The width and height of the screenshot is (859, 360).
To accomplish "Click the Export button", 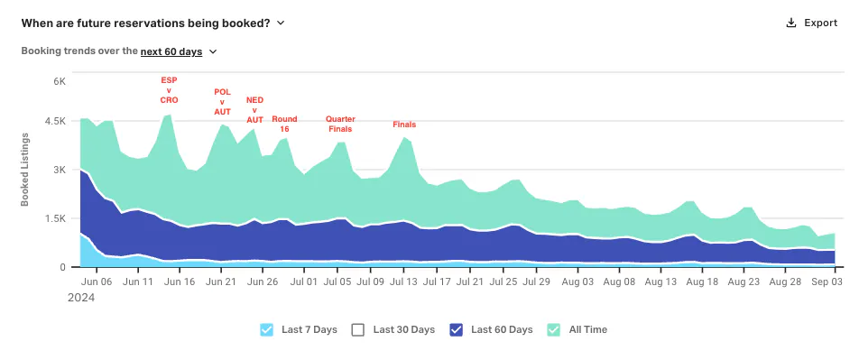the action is coord(811,23).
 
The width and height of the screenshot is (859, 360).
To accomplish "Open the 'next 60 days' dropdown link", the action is coord(171,51).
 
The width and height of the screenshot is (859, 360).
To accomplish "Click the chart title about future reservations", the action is coord(146,23).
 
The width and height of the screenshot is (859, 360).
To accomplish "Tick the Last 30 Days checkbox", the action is coord(357,330).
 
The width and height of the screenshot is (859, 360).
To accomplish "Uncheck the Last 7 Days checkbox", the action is coord(266,330).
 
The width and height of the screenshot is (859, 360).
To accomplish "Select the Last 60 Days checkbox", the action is coord(456,330).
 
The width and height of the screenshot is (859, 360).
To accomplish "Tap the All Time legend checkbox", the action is coord(554,330).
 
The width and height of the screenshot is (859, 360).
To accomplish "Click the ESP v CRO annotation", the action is coord(170,90).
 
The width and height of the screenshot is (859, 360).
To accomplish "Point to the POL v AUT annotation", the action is coord(222,102).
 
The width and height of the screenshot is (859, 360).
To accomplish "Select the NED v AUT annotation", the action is coord(254,109).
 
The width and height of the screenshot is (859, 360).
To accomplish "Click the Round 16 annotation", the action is coord(284,124).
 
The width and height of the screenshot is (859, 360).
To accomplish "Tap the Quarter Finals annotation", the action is coord(339,124).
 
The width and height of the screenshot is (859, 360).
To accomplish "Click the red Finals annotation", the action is coord(404,125).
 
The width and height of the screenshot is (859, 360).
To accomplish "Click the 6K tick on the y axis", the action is coord(60,81).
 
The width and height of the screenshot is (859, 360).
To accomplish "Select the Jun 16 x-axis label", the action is coord(180,282).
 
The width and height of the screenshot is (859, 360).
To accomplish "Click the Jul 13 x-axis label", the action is coord(404,282).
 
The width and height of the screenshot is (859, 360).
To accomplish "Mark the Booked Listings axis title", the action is coord(24,170).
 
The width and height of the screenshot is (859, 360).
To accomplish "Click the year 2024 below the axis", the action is coord(81,298).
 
